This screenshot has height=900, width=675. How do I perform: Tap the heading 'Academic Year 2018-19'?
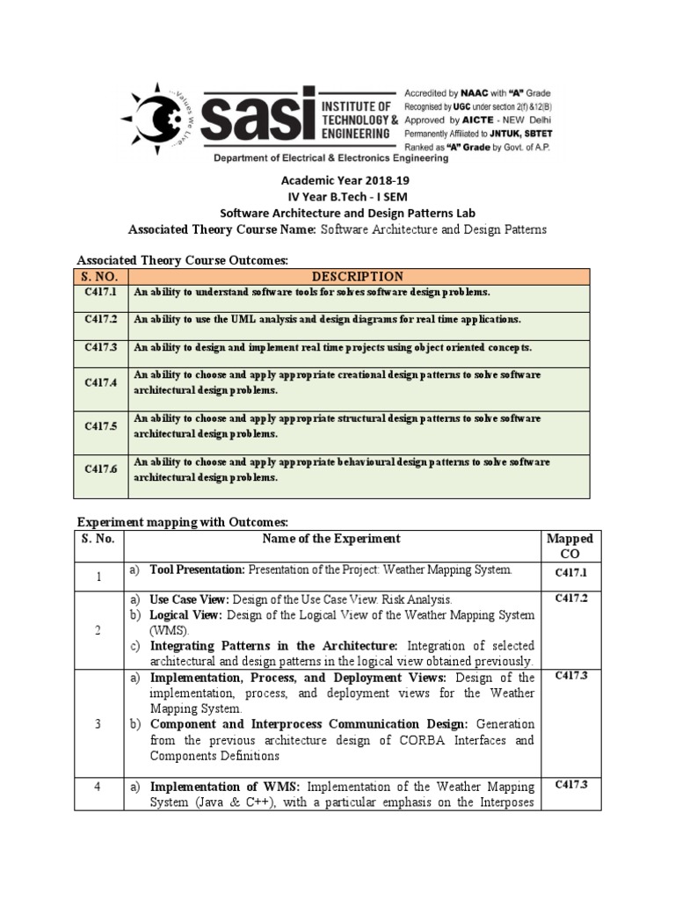click(x=337, y=180)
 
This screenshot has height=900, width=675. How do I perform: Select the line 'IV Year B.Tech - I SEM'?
click(x=337, y=196)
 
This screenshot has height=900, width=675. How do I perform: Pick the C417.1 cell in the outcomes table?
click(x=101, y=292)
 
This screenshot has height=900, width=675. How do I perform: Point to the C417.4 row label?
click(x=101, y=382)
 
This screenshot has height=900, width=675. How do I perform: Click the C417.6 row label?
click(x=101, y=469)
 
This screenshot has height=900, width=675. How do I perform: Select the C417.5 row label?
click(x=101, y=426)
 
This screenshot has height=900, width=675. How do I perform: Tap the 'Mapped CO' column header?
click(x=570, y=546)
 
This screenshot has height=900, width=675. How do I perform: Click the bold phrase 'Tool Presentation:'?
click(x=197, y=570)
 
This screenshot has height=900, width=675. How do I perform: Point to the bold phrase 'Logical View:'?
click(x=185, y=614)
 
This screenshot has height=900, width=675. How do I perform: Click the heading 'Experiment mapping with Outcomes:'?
click(x=183, y=522)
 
